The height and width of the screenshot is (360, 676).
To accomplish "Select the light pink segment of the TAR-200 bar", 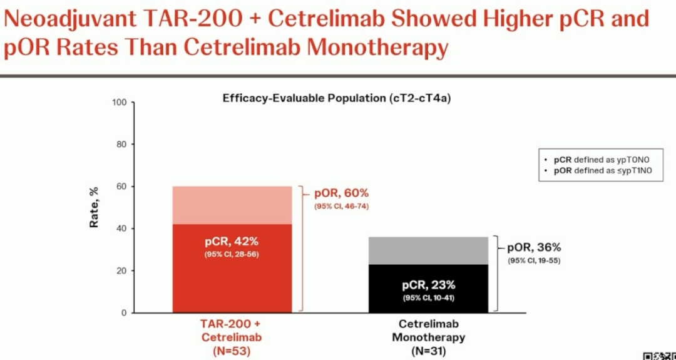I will point(232,205).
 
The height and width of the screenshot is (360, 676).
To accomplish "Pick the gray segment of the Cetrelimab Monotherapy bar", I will point(428,250).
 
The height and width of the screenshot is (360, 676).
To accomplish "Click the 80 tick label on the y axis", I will point(122,144).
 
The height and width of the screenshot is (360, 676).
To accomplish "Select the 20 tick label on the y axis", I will point(122,270).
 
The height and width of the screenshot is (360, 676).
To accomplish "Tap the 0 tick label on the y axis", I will point(125,312).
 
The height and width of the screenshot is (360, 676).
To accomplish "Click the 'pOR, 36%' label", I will point(533,247).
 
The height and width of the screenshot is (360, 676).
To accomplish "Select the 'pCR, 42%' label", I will point(232,241).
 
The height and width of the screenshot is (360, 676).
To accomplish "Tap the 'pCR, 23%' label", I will point(428,285).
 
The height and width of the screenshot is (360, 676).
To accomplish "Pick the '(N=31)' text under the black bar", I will point(428,351).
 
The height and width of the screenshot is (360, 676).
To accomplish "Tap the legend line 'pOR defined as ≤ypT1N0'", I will point(602,170).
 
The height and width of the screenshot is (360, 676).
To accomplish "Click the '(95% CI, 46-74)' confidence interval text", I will point(342,206).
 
